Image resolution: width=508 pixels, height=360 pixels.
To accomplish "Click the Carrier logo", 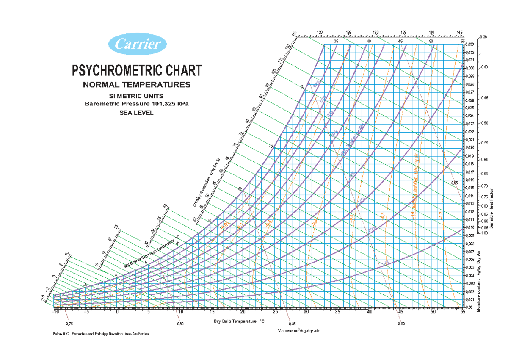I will coord(138,44).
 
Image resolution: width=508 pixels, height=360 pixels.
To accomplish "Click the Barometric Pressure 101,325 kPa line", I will coord(137,104).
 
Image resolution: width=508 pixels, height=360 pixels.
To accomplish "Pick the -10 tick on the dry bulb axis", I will coord(55,312).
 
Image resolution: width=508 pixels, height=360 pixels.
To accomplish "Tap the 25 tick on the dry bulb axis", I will coord(276,312).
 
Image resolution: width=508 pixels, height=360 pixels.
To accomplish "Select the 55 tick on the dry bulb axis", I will coord(463,312).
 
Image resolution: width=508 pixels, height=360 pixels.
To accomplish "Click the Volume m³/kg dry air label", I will coord(298,330).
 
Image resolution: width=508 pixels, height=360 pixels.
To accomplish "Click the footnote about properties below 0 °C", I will coord(101,334).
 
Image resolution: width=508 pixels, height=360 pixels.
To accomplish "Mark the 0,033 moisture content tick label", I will coord(469,44).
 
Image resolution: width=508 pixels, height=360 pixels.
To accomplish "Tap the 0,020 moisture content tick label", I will coord(469,147).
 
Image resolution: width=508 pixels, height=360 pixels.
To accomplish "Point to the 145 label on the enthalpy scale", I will coord(459,33).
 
